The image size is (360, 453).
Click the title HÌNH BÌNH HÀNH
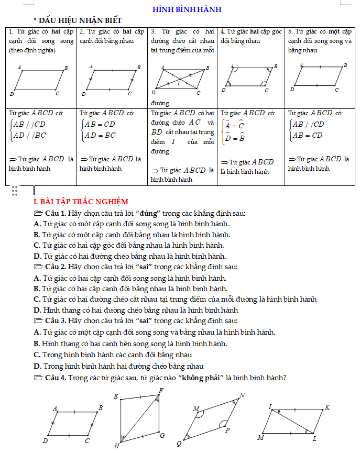tap(187, 9)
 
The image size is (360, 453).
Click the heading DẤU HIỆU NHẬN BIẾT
tap(84, 20)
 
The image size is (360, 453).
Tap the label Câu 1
tap(56, 213)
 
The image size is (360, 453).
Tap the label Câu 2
tap(56, 267)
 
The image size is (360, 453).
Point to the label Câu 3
tap(56, 321)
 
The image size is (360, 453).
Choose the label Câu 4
tap(56, 378)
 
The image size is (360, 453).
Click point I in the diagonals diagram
tap(178, 83)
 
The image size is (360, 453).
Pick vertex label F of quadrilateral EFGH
tap(161, 391)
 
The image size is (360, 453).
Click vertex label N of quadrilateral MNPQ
tap(242, 395)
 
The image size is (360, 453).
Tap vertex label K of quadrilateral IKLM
tap(328, 407)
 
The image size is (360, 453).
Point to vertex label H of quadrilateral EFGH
tap(117, 446)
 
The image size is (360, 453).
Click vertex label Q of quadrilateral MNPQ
tap(179, 444)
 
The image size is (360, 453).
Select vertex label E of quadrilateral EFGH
tap(116, 396)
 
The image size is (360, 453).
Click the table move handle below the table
tap(15, 191)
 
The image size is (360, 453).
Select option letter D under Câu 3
tap(37, 366)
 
